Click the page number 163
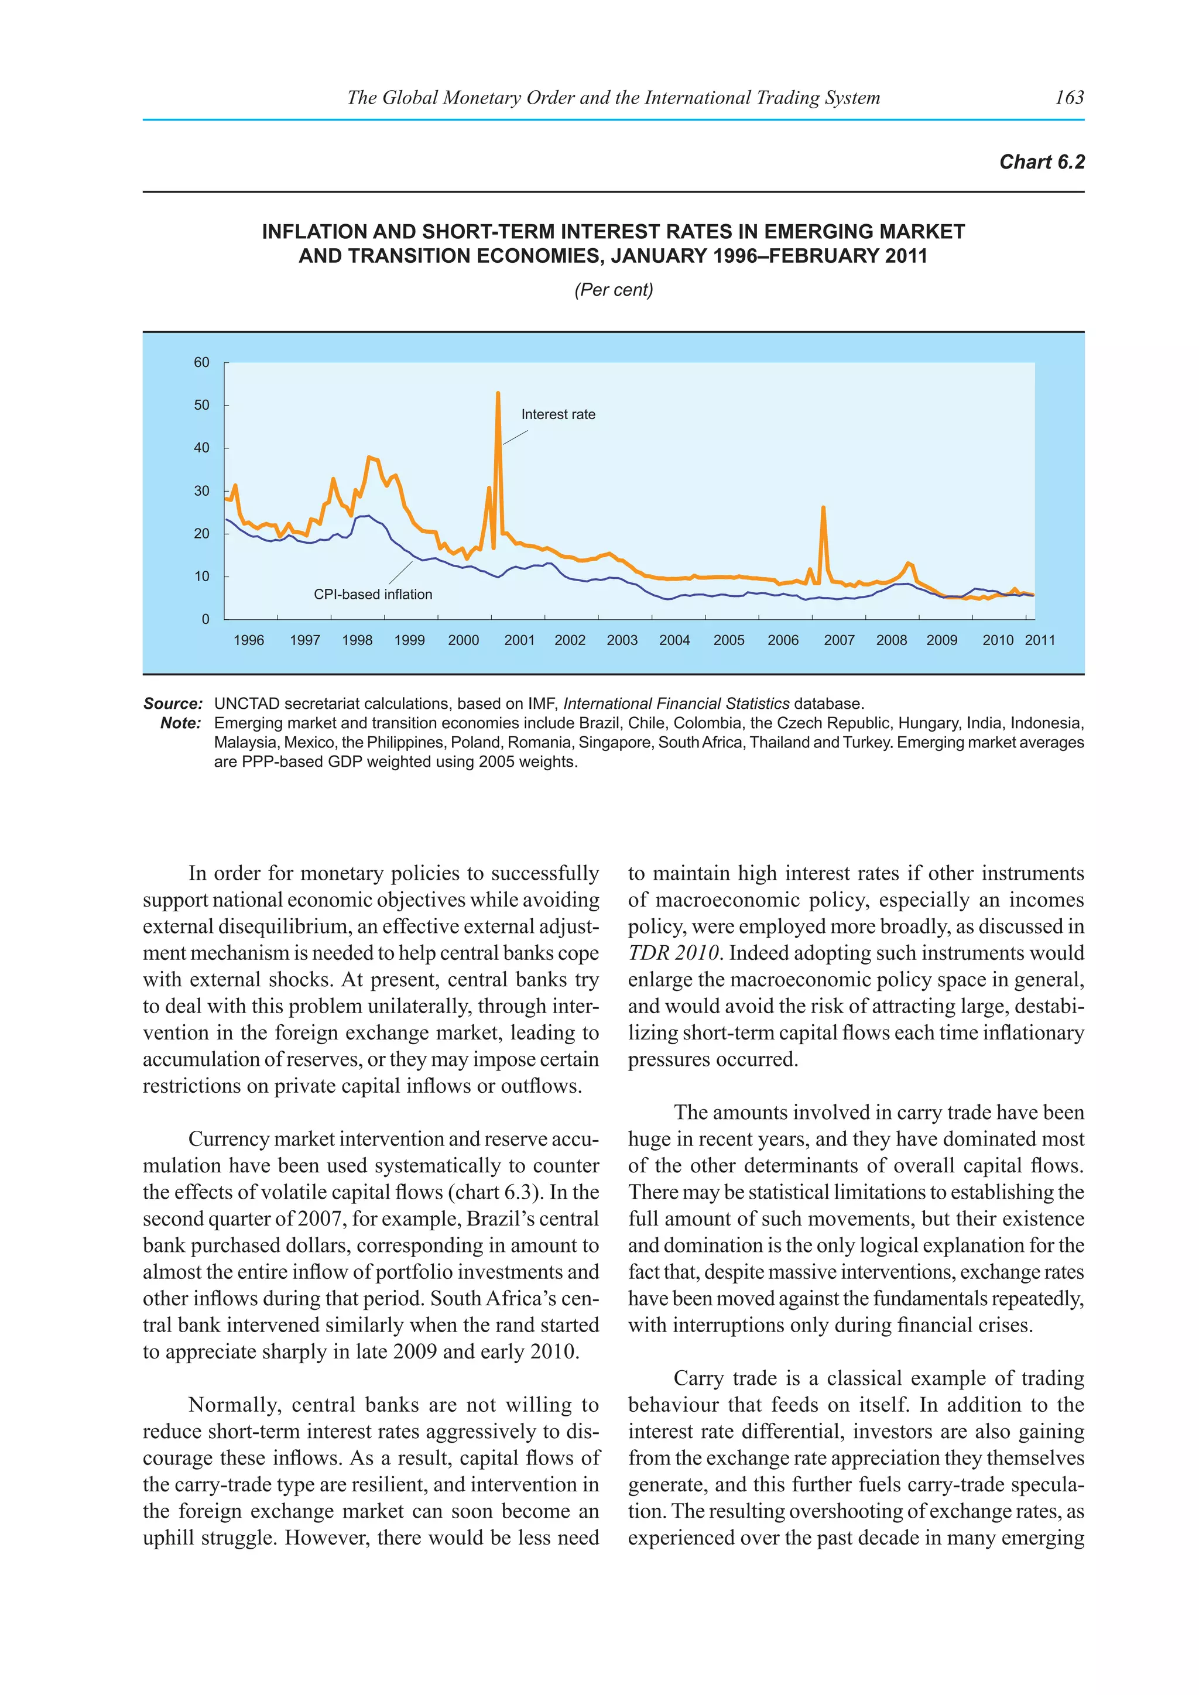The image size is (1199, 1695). coord(1069,97)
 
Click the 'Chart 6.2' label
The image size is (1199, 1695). coord(1041,162)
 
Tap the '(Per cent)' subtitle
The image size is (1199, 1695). coord(614,290)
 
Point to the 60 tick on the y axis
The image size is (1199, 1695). coord(201,362)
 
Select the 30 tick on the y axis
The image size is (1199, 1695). coord(201,491)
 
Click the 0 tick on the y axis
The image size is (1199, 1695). coord(205,619)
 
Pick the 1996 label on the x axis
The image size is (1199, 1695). coord(249,640)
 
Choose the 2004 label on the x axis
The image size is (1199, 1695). coord(674,640)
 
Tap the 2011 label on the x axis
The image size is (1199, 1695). coord(1040,640)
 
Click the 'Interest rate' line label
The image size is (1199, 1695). coord(558,415)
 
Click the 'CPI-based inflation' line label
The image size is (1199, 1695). coord(373,594)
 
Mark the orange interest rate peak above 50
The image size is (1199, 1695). coord(498,393)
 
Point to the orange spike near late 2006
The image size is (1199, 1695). coord(823,508)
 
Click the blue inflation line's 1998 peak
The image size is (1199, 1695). coord(367,516)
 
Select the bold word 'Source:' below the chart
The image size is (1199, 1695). coord(173,704)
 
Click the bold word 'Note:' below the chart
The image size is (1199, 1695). coord(181,723)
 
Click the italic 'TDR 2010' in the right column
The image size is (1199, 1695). coord(673,953)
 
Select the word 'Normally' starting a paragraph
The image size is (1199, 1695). coord(234,1405)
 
